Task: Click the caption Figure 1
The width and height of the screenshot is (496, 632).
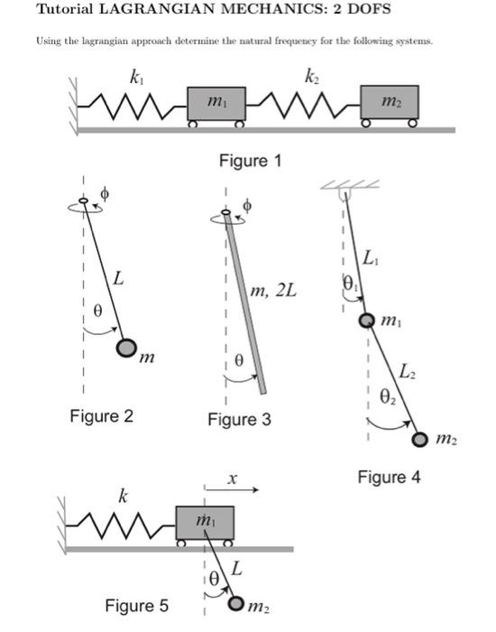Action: [x=251, y=161]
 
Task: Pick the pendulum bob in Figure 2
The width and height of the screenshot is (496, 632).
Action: [x=127, y=349]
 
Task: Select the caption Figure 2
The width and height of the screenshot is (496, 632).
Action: [x=101, y=416]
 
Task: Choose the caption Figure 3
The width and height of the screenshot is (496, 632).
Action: [x=239, y=420]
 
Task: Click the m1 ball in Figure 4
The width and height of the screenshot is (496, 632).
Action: [x=367, y=321]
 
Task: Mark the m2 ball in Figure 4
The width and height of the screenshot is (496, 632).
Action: [x=420, y=440]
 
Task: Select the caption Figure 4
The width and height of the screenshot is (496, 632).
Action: [x=389, y=477]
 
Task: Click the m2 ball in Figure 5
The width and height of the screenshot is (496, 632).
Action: [x=237, y=603]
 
